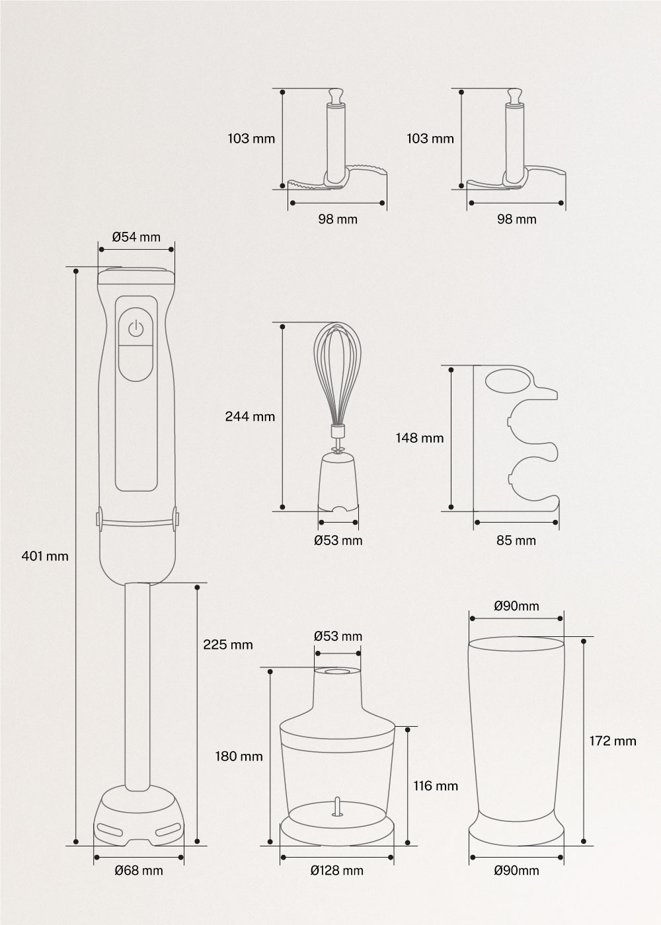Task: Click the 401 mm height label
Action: pos(45,556)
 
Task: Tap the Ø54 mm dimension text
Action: pos(136,237)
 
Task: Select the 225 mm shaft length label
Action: pos(228,645)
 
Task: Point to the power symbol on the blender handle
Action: pos(136,329)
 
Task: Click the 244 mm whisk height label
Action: pos(250,416)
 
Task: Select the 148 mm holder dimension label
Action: pos(420,437)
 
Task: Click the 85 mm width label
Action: pos(516,540)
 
